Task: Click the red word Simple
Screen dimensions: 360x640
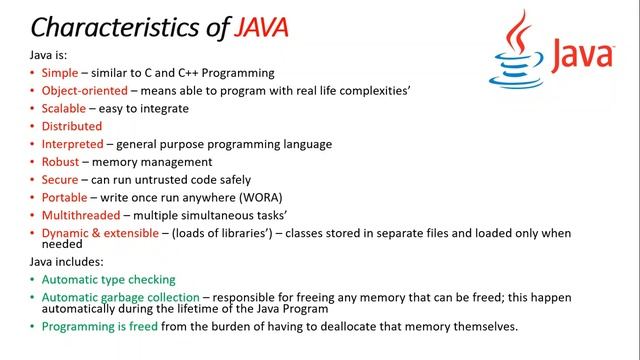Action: tap(59, 73)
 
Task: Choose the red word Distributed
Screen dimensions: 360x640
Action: tap(72, 127)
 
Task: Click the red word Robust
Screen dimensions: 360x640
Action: tap(61, 162)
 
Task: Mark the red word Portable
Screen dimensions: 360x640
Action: tap(64, 198)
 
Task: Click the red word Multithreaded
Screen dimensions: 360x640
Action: tap(80, 215)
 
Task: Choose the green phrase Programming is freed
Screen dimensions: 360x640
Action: tap(100, 327)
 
